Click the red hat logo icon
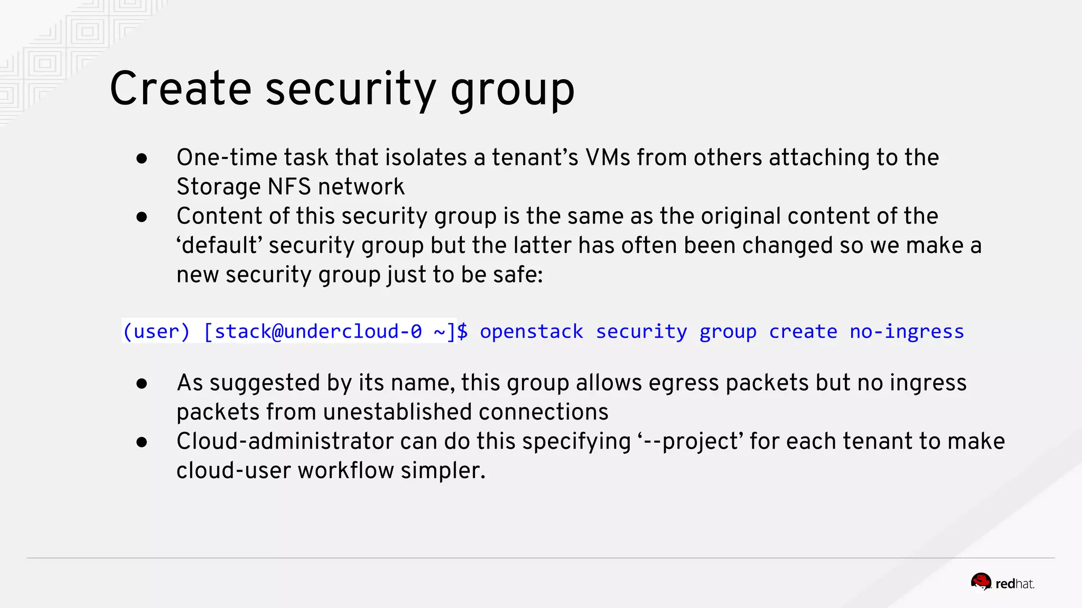coord(981,582)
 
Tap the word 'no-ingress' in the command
coord(907,331)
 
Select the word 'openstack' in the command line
coord(531,331)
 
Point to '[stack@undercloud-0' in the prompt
coord(313,331)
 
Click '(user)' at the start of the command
coord(156,331)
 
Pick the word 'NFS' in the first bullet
coord(289,187)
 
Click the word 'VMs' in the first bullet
coord(608,157)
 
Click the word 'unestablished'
coord(398,412)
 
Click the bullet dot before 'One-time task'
coord(142,158)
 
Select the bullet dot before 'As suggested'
coord(142,384)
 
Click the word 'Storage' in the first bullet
coord(219,187)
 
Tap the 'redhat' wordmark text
coord(1014,584)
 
